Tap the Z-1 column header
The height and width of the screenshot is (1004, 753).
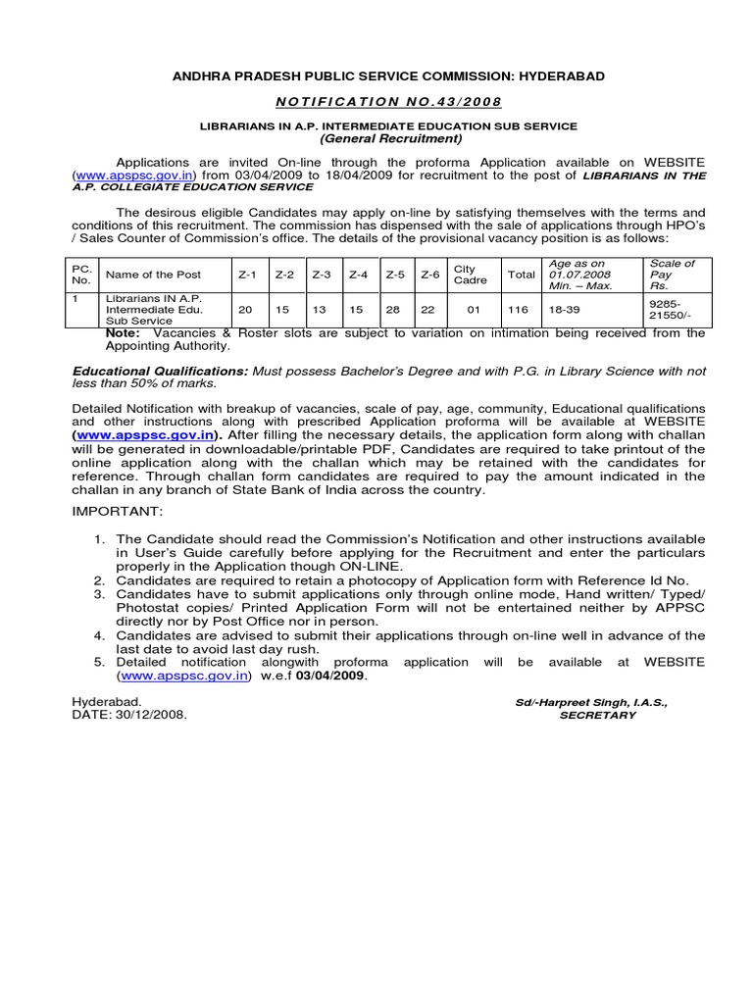tap(246, 276)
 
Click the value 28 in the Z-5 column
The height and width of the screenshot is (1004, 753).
tap(395, 310)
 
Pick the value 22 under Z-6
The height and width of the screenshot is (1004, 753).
tap(429, 310)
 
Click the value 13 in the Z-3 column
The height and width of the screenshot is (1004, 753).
tap(321, 310)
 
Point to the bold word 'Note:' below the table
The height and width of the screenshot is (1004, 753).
tap(123, 333)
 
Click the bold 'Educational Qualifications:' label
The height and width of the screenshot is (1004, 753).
tap(161, 372)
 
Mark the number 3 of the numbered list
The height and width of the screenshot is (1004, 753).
tap(99, 594)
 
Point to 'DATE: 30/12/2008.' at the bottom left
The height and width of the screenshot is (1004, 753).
tap(129, 715)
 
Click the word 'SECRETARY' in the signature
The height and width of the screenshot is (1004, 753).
tap(597, 716)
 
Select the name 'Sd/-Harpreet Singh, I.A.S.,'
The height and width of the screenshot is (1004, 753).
tap(598, 703)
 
